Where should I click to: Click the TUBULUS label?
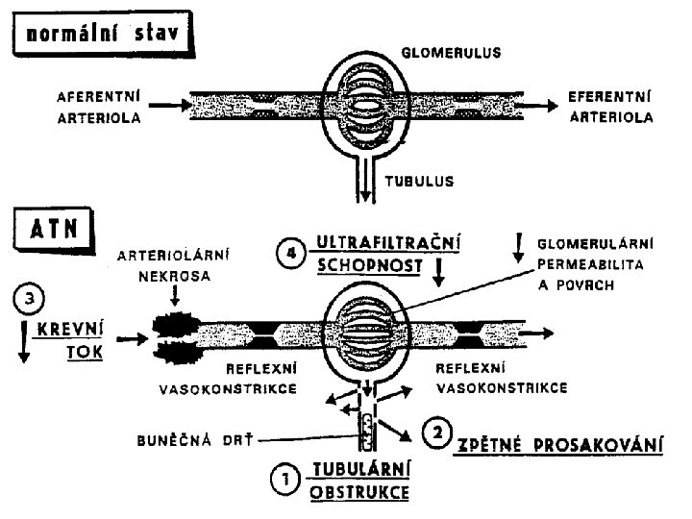click(x=419, y=180)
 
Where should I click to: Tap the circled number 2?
click(x=437, y=434)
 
